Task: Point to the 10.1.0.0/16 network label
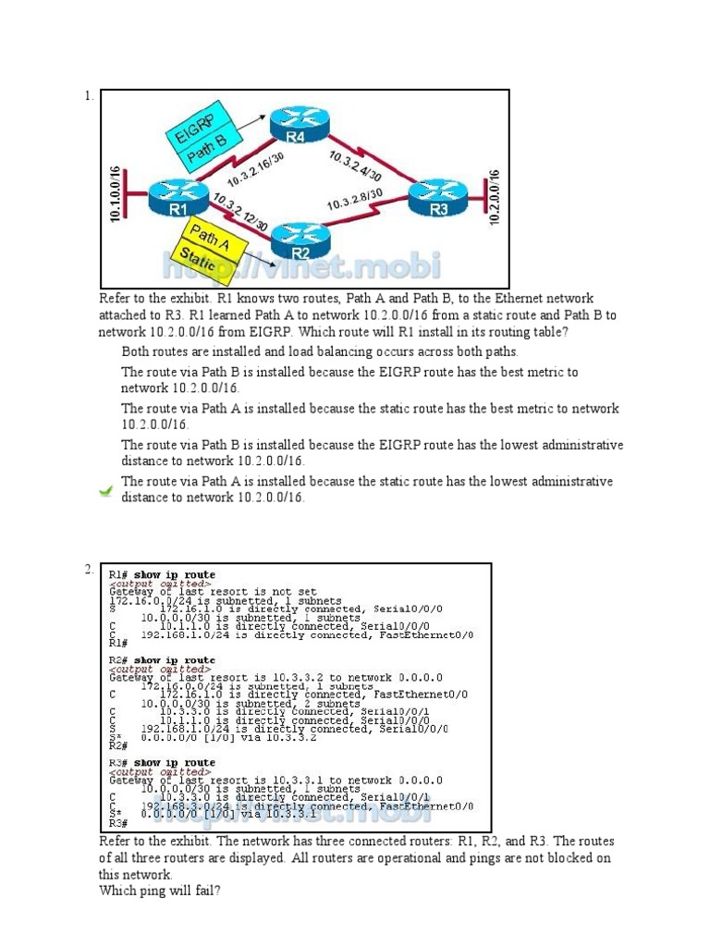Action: point(116,194)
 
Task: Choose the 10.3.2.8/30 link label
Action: point(355,203)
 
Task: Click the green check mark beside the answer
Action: point(106,490)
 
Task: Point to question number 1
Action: point(88,95)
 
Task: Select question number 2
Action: point(88,570)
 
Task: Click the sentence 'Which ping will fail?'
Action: point(160,891)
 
